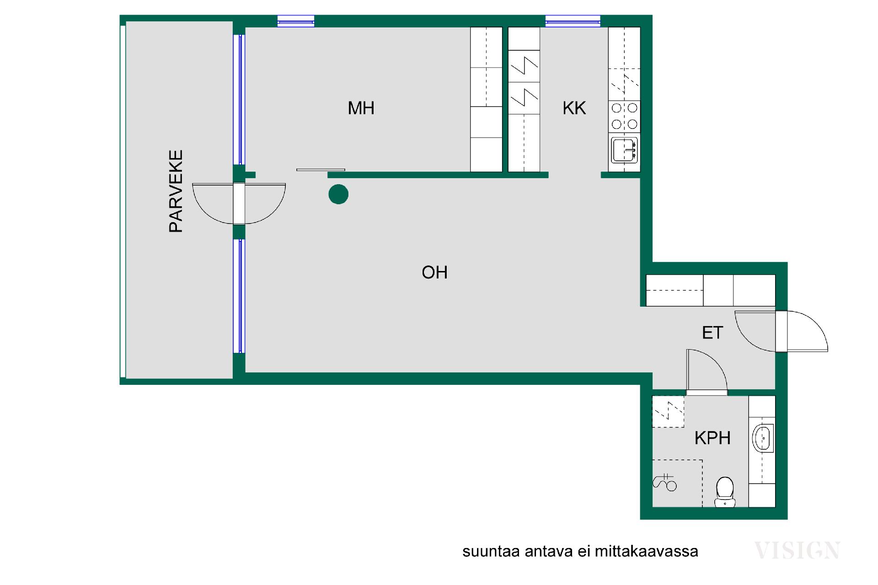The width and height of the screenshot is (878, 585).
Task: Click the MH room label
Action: pyautogui.click(x=361, y=108)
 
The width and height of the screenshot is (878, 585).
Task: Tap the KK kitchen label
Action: pyautogui.click(x=574, y=108)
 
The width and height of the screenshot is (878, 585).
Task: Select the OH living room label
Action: pyautogui.click(x=434, y=272)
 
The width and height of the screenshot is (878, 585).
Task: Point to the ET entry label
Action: pyautogui.click(x=712, y=333)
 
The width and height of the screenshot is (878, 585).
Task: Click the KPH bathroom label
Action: pyautogui.click(x=712, y=438)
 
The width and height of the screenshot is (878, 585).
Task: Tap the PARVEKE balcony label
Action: pyautogui.click(x=176, y=191)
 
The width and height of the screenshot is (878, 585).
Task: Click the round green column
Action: pyautogui.click(x=338, y=194)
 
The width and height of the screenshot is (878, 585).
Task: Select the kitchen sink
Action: pyautogui.click(x=624, y=150)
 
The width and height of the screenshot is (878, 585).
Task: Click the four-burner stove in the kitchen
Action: pyautogui.click(x=624, y=116)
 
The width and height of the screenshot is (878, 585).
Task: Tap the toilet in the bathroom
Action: pyautogui.click(x=725, y=492)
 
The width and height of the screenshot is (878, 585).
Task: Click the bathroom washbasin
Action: pyautogui.click(x=763, y=438)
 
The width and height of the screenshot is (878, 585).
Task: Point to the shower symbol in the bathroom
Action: pyautogui.click(x=665, y=483)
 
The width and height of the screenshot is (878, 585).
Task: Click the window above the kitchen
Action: pyautogui.click(x=573, y=21)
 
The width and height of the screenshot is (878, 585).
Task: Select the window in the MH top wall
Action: pyautogui.click(x=296, y=21)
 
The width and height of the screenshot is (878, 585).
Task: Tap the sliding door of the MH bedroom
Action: pyautogui.click(x=321, y=170)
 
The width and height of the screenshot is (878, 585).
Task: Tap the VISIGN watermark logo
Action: pyautogui.click(x=797, y=550)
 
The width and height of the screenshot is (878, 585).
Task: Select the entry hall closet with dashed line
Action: pyautogui.click(x=675, y=290)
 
